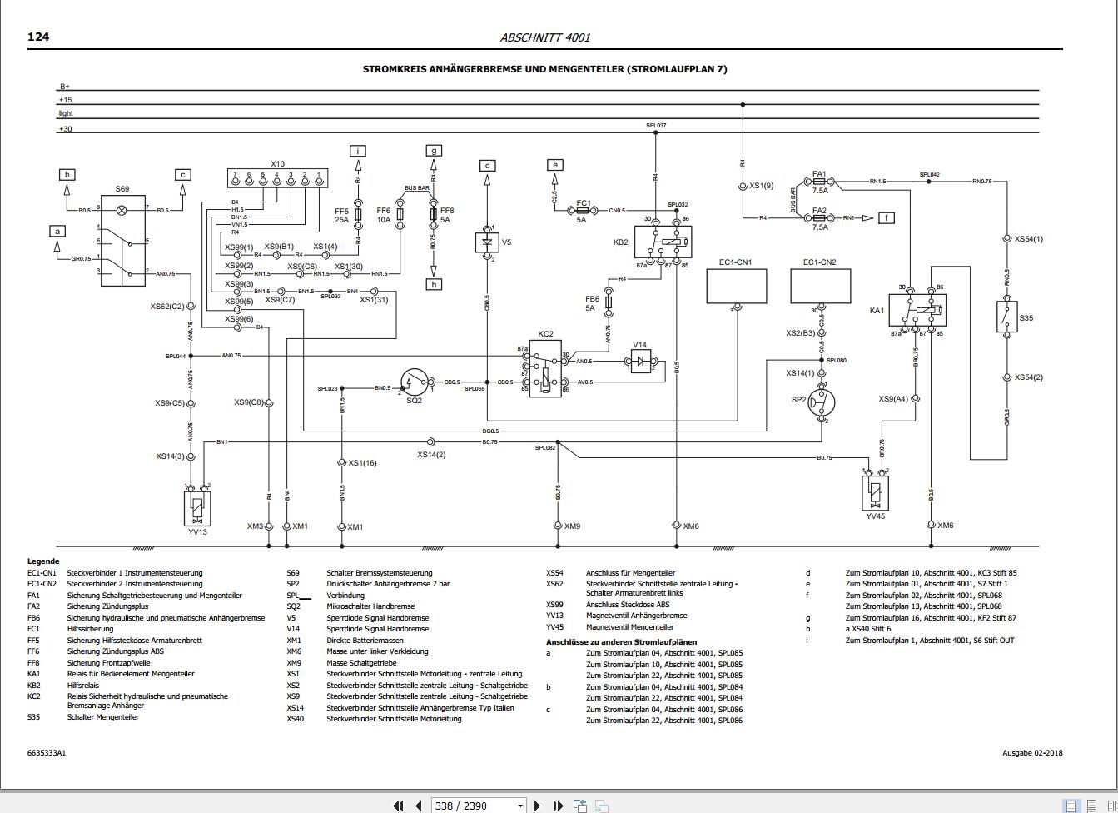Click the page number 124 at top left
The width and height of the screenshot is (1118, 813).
[38, 37]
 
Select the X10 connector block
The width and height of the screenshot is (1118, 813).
[277, 178]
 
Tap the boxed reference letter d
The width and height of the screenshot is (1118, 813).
[488, 165]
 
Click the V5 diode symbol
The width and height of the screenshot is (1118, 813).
[487, 242]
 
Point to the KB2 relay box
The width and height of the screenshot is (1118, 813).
[662, 242]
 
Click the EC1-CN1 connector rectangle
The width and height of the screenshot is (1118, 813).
[737, 286]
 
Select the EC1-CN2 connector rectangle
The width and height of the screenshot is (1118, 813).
[820, 286]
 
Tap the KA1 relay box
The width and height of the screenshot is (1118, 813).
[917, 311]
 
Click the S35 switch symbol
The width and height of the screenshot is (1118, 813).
[1006, 317]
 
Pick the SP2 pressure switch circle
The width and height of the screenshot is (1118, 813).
[822, 403]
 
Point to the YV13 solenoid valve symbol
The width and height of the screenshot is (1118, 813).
[196, 508]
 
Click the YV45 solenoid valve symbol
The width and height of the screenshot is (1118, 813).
[875, 493]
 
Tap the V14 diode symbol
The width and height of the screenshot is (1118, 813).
[640, 361]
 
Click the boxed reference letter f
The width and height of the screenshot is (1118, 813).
[887, 217]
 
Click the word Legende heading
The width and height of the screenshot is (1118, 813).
[43, 561]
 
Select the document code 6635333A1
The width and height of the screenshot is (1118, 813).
[47, 753]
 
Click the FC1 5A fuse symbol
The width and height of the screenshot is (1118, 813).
[584, 211]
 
